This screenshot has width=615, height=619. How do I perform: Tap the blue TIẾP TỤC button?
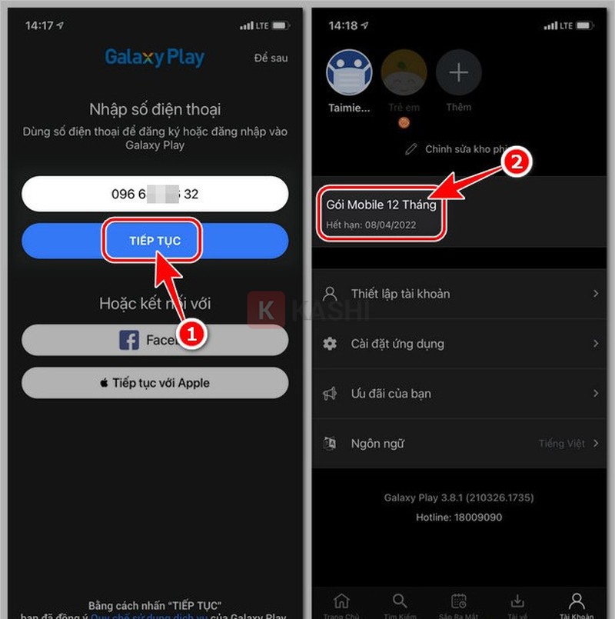click(155, 241)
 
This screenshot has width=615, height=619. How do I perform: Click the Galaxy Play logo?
click(155, 58)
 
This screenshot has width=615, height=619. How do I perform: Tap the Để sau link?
click(270, 58)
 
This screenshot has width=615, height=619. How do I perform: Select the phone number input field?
click(155, 194)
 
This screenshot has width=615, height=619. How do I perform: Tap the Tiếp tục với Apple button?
click(155, 383)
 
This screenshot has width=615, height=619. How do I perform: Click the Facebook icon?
click(129, 340)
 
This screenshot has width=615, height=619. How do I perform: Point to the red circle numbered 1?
click(195, 336)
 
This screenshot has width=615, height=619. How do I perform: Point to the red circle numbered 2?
click(515, 163)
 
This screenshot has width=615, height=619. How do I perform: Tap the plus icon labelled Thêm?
click(458, 74)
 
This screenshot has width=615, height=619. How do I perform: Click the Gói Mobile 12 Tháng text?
click(381, 205)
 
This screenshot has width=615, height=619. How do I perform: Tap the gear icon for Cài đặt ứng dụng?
click(330, 344)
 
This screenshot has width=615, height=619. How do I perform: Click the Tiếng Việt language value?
click(562, 444)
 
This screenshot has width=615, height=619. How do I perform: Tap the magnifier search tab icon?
click(400, 601)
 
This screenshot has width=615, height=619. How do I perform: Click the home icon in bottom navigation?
click(341, 601)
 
